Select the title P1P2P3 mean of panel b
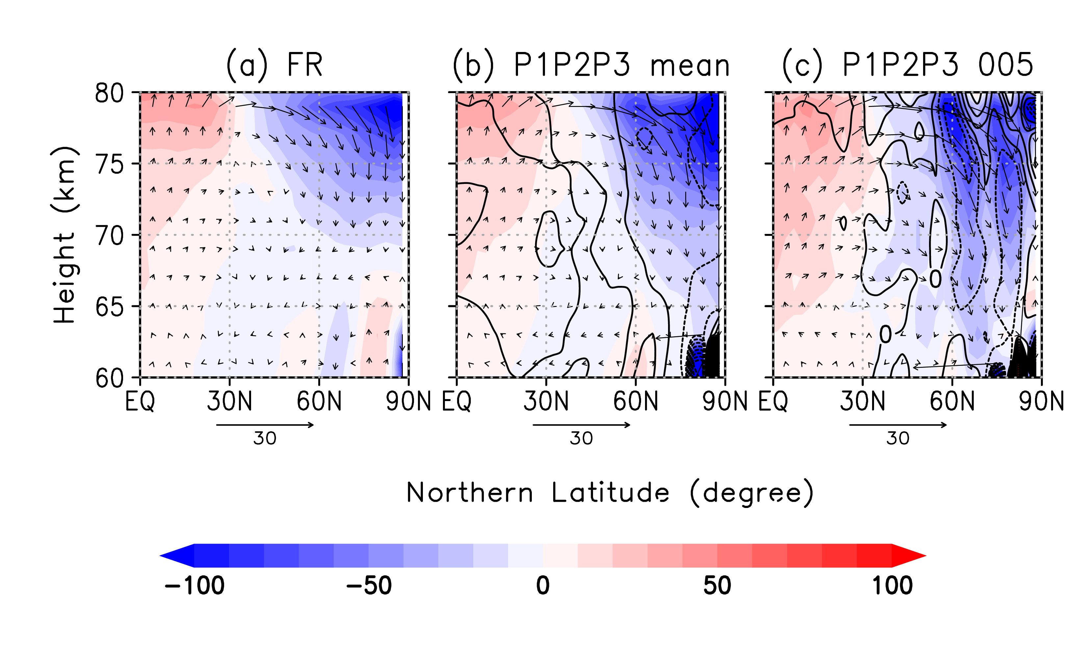(591, 65)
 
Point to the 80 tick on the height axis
(109, 93)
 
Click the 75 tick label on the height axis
(109, 164)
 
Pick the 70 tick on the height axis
(109, 236)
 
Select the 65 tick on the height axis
(109, 307)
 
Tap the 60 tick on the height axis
(109, 378)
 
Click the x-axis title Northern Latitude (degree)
(609, 493)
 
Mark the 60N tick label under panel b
(635, 401)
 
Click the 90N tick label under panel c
(1041, 401)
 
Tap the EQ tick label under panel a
(140, 401)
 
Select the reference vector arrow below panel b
(582, 425)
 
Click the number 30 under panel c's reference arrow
(898, 439)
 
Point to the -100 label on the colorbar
(194, 586)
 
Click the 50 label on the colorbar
(717, 586)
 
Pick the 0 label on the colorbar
(543, 586)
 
